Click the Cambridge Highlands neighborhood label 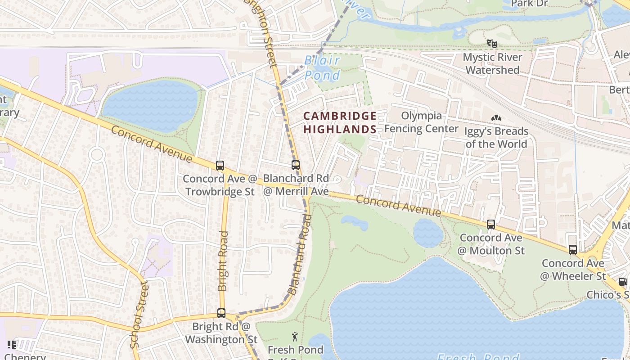click(340, 122)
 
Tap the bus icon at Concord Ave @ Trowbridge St click(220, 166)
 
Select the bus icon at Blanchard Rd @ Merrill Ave click(296, 165)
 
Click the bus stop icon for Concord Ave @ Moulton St click(491, 224)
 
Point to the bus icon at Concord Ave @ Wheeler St click(573, 249)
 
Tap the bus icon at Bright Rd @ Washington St click(221, 313)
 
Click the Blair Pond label click(322, 67)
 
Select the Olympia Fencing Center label click(421, 122)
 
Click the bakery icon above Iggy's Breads click(496, 118)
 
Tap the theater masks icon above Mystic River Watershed click(492, 44)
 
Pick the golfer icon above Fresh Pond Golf click(295, 336)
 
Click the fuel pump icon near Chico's click(623, 282)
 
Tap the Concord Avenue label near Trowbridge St click(152, 144)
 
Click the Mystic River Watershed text click(492, 63)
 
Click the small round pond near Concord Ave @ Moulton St click(428, 233)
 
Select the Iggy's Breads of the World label click(496, 137)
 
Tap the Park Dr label click(529, 4)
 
